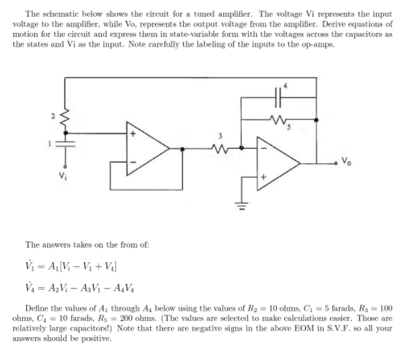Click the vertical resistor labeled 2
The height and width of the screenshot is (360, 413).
65,119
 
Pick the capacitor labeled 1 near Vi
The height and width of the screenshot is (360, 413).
65,144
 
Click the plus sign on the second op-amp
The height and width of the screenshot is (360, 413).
263,179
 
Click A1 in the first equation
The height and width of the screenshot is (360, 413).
52,264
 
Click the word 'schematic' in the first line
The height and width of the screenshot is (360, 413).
55,14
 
